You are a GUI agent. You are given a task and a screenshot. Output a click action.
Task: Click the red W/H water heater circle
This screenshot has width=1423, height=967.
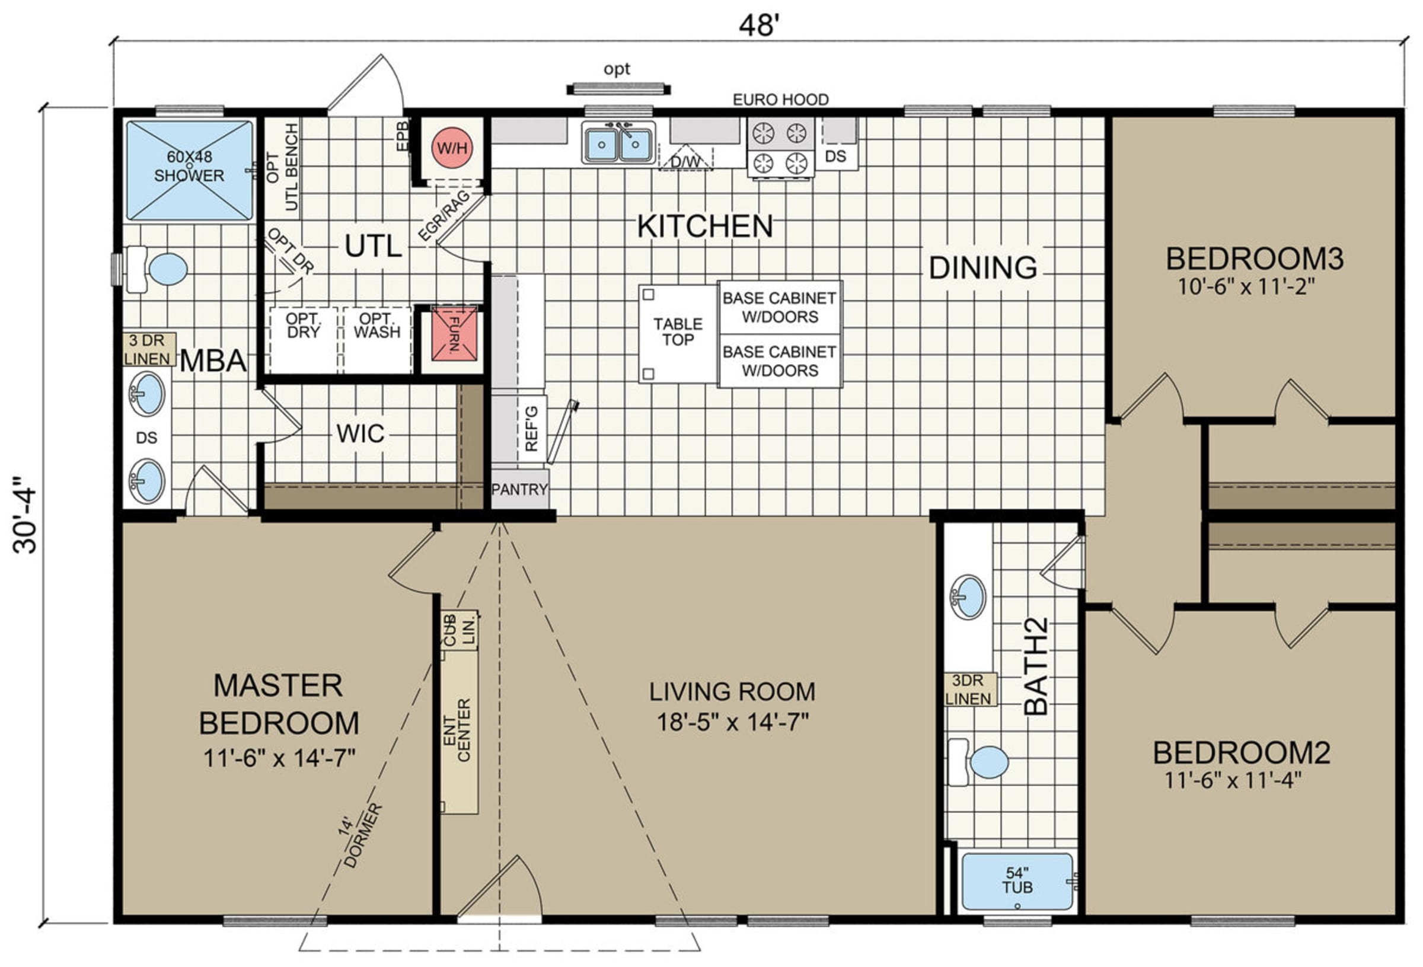[452, 148]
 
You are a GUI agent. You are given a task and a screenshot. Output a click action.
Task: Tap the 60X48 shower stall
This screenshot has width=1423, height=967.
[189, 170]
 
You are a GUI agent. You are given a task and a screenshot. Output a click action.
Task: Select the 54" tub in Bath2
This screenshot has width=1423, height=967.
[1017, 882]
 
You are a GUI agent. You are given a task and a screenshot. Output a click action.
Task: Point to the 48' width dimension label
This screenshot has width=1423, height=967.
[759, 25]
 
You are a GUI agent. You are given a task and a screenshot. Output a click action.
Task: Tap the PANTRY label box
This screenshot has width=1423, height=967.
[519, 489]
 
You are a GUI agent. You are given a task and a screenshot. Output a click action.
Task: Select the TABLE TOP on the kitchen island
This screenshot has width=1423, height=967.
[678, 333]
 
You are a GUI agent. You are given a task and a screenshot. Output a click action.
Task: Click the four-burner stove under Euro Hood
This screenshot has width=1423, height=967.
[780, 148]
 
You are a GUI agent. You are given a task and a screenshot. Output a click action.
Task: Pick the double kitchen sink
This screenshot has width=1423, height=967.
[618, 142]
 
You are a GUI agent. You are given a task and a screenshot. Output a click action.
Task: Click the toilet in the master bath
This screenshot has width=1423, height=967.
[156, 269]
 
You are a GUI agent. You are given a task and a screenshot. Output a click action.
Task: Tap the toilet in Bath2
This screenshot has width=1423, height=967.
[978, 762]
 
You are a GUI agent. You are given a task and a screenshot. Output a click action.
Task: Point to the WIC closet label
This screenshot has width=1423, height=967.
[360, 433]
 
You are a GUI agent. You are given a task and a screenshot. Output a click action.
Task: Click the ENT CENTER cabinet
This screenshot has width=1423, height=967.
[460, 731]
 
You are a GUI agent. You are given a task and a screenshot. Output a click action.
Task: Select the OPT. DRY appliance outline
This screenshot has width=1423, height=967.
[303, 340]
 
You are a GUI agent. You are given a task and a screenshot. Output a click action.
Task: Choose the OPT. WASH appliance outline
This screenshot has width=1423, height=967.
[377, 340]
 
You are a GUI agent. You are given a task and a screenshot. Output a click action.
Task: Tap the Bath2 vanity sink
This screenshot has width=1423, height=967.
[968, 597]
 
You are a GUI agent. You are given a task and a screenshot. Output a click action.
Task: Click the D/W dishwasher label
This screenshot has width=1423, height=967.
[686, 162]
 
